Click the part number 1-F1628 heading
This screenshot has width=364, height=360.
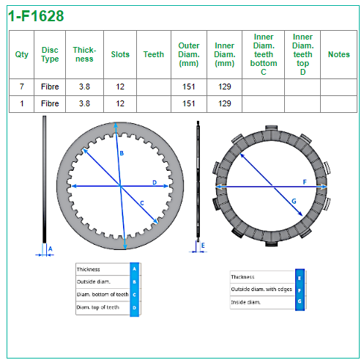click(x=36, y=16)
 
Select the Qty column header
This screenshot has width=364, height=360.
click(x=21, y=54)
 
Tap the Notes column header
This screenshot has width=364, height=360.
click(x=338, y=54)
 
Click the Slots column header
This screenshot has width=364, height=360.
click(x=120, y=54)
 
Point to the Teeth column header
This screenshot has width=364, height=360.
click(x=154, y=54)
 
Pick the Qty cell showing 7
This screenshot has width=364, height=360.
click(x=22, y=87)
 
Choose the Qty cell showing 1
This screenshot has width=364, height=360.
click(x=22, y=103)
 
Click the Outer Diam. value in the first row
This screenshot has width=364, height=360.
click(x=189, y=87)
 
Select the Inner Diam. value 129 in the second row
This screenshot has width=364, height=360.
click(x=225, y=103)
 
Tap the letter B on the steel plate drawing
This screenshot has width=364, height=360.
click(x=122, y=153)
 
